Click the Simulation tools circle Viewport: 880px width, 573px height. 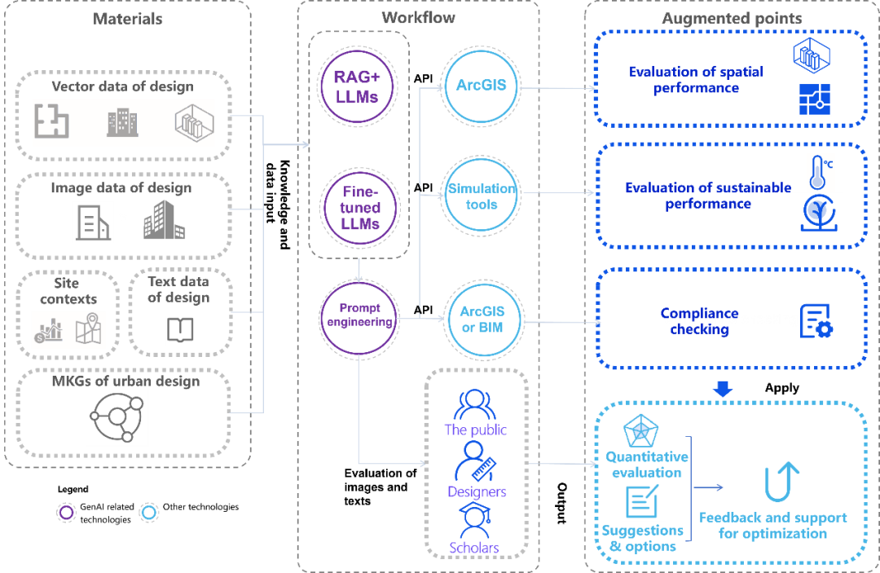pyautogui.click(x=481, y=196)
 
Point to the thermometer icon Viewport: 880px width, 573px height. pyautogui.click(x=816, y=172)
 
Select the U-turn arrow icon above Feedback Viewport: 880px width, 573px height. pyautogui.click(x=782, y=482)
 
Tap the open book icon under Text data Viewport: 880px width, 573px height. pyautogui.click(x=180, y=329)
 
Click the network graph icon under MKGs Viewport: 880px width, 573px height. pyautogui.click(x=117, y=416)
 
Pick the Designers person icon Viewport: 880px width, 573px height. pyautogui.click(x=474, y=462)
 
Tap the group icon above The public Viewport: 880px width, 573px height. pyautogui.click(x=474, y=404)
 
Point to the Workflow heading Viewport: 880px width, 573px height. pyautogui.click(x=418, y=17)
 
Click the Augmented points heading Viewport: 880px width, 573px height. pyautogui.click(x=732, y=17)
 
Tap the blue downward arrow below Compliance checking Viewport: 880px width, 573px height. pyautogui.click(x=723, y=390)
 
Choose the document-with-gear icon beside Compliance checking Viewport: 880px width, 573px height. pyautogui.click(x=816, y=320)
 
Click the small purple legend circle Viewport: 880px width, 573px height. pyautogui.click(x=67, y=512)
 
